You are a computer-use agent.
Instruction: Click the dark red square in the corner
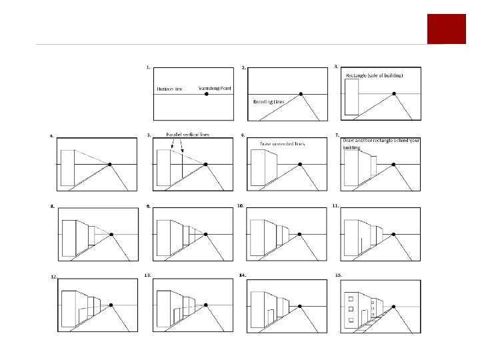[x=446, y=28]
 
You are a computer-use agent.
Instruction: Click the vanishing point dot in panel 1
[x=207, y=94]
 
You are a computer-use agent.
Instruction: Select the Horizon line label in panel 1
[x=170, y=89]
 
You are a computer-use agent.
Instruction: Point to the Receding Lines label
[x=268, y=102]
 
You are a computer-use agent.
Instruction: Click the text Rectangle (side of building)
[x=374, y=76]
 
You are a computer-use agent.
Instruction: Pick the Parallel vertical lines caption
[x=187, y=135]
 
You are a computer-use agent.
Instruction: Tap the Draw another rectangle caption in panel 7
[x=381, y=143]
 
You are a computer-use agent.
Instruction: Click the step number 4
[x=52, y=136]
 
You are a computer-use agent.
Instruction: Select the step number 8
[x=52, y=207]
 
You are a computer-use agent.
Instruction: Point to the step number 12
[x=53, y=276]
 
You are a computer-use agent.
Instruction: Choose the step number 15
[x=339, y=275]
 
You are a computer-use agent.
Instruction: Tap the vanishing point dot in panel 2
[x=301, y=94]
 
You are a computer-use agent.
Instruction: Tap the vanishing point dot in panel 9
[x=207, y=234]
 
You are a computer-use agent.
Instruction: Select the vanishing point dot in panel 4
[x=109, y=164]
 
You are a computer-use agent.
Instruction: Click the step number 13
[x=147, y=275]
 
